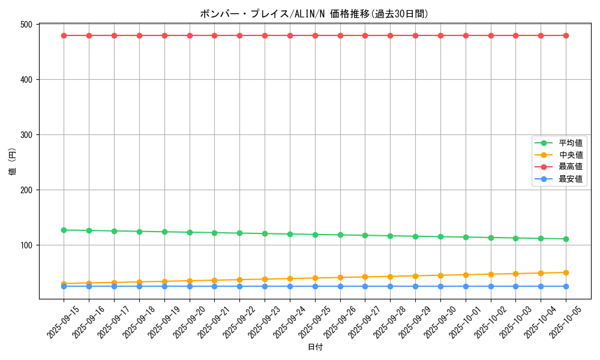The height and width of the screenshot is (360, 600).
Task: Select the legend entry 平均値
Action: (571, 143)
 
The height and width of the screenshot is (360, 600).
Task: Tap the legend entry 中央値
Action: (571, 155)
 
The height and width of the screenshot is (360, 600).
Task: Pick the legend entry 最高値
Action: (571, 167)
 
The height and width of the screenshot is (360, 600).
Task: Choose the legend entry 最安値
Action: (571, 179)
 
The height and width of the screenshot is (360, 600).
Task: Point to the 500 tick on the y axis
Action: (26, 25)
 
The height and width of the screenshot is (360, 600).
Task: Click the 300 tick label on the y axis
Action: (26, 135)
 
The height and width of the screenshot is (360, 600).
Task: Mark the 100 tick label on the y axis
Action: (26, 245)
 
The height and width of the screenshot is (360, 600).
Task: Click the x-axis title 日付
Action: (315, 347)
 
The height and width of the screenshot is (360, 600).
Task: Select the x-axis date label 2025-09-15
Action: (64, 322)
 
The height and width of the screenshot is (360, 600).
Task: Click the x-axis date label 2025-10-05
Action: (566, 322)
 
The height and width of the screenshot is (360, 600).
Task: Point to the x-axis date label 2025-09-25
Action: (314, 322)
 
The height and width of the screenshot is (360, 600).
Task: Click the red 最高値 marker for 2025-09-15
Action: (64, 35)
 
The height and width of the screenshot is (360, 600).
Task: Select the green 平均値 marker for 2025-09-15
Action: (64, 230)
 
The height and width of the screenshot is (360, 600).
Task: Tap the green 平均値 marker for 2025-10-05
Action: (566, 239)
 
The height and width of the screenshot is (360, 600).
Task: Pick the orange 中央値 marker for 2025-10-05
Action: (566, 272)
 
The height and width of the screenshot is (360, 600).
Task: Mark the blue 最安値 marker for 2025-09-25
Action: (315, 286)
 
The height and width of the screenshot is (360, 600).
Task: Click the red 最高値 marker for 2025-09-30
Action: (440, 35)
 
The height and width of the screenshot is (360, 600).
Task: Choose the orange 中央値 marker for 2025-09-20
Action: (190, 281)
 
